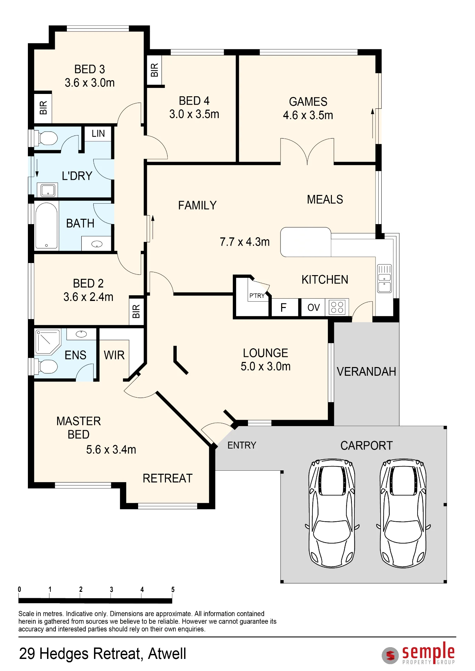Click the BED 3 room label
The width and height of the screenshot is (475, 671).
point(90,69)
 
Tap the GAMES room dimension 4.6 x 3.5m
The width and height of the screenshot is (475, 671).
point(308,115)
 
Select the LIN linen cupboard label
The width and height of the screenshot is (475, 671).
point(98,134)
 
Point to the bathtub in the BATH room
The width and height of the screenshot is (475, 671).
point(46,226)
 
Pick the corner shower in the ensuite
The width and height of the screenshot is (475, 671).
point(48,342)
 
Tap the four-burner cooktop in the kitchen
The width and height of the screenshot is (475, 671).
point(337,307)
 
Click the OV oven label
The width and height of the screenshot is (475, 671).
point(313,308)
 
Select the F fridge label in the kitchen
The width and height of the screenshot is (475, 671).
point(284,308)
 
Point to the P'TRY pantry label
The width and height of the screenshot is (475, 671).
point(257,296)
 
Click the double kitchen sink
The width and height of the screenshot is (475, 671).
point(384,278)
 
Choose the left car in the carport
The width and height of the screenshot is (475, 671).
point(332,513)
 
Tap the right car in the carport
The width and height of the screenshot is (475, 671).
point(403,513)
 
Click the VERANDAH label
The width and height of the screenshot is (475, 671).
point(366,372)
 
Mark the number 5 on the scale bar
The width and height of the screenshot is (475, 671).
point(173,589)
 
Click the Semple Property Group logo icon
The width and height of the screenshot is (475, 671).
point(390,655)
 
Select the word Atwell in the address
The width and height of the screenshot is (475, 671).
point(167,654)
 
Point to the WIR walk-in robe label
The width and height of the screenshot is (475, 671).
point(114,355)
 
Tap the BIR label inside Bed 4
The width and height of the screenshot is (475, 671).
point(154,70)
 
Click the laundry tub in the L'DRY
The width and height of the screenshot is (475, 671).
point(48,191)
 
